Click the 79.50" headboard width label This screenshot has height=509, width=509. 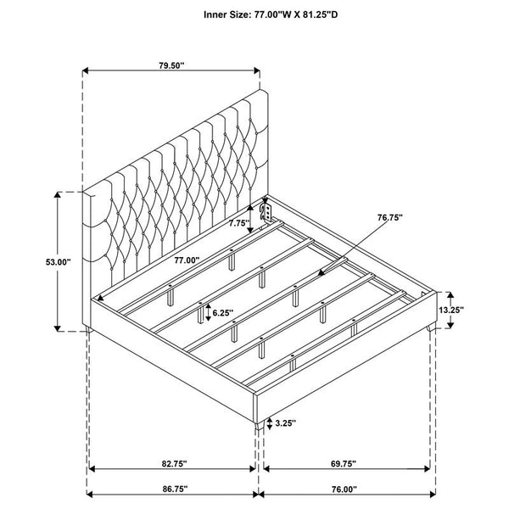point(171,65)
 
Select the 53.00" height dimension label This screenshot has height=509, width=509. point(58,262)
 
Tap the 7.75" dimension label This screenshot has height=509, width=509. point(239,223)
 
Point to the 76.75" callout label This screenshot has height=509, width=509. point(390,217)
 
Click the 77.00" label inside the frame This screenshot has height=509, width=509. point(187,260)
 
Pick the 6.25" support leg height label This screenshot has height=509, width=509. point(222,313)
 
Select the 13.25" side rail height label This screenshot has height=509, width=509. point(451,310)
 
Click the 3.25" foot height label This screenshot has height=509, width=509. point(286,422)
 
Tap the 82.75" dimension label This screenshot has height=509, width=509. point(175,463)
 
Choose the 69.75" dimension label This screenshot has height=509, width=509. point(344,463)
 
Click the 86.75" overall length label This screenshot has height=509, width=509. point(175,489)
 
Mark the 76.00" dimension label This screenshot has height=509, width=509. point(344,489)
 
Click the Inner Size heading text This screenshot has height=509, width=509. point(271,14)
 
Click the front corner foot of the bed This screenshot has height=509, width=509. point(259,426)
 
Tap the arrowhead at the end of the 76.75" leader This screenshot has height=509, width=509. point(321,272)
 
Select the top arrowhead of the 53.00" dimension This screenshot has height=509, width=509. point(58,195)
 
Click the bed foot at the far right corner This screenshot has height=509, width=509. point(432,327)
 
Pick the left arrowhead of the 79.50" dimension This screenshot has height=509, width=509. point(86,70)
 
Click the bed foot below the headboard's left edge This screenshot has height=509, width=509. point(88,329)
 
